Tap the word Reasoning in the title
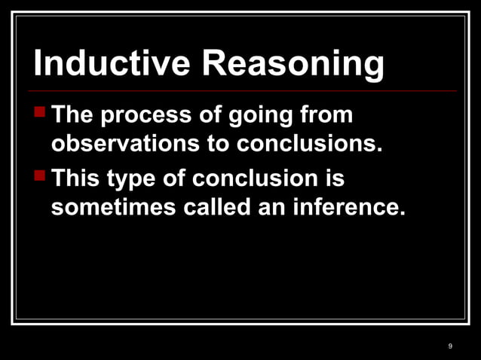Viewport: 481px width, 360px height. pyautogui.click(x=293, y=66)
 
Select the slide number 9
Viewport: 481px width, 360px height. pyautogui.click(x=450, y=346)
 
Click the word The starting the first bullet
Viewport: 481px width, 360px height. pyautogui.click(x=73, y=117)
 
